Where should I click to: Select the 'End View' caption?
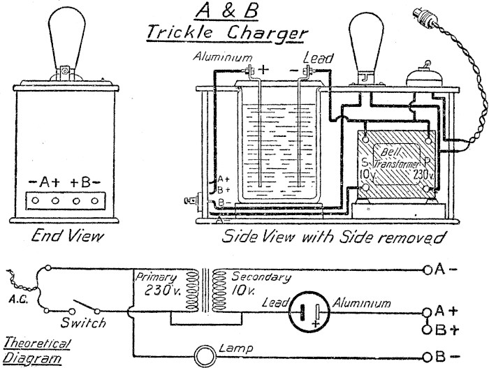[61, 237]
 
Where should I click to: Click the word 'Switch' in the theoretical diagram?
[83, 323]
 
